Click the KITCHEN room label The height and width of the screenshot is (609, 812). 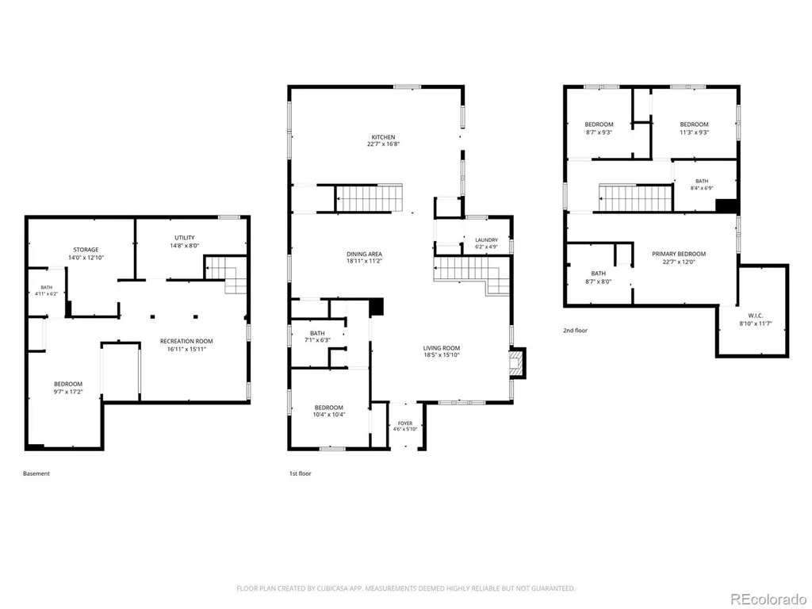click(x=383, y=137)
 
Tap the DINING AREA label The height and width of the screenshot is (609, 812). click(x=364, y=255)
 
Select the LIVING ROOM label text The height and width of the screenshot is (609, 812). click(x=441, y=349)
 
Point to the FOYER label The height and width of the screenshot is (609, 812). click(x=405, y=423)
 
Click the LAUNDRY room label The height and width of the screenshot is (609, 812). click(x=486, y=240)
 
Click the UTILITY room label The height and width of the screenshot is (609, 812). click(x=184, y=238)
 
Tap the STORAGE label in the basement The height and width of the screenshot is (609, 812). click(x=86, y=250)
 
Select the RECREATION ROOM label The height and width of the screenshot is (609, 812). click(x=186, y=341)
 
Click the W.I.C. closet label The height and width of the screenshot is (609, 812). click(x=756, y=316)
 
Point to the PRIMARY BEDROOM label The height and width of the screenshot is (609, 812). click(x=679, y=255)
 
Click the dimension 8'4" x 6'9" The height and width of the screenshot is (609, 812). click(x=702, y=189)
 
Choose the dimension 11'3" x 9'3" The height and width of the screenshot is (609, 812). click(x=694, y=132)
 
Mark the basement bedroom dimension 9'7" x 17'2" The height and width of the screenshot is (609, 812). click(x=68, y=392)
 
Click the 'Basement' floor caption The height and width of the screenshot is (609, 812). click(x=36, y=473)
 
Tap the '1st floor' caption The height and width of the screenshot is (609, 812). click(x=301, y=473)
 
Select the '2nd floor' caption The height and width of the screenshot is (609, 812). click(x=576, y=331)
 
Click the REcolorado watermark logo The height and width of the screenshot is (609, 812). click(x=768, y=599)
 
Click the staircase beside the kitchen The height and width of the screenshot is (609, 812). click(x=369, y=197)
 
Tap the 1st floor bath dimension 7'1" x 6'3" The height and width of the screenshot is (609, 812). click(x=317, y=340)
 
